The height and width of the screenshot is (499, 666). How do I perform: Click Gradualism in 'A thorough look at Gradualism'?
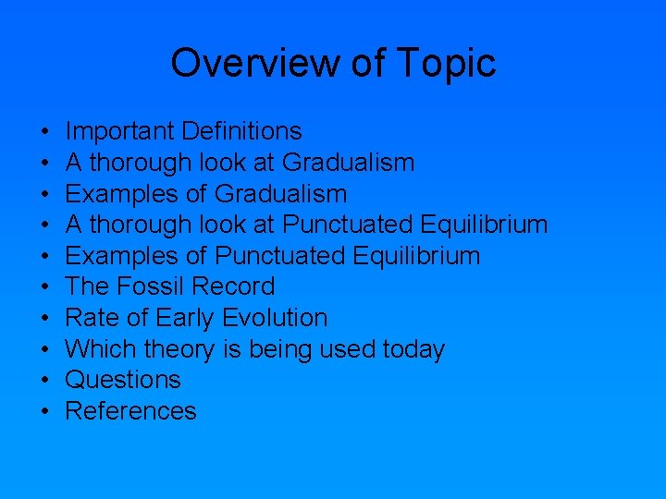[348, 164]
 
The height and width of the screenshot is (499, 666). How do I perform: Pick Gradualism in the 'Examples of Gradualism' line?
[280, 194]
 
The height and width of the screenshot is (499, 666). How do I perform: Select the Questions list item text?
[123, 380]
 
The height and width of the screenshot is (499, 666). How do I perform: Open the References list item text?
[130, 411]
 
